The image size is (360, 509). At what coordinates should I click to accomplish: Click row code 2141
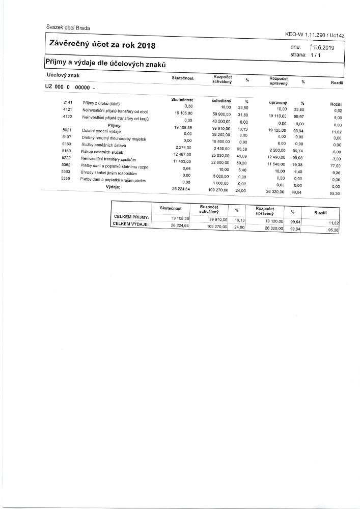(67, 103)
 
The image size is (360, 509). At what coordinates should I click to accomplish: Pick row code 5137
(66, 137)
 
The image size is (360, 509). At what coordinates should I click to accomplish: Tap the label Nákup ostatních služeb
(104, 152)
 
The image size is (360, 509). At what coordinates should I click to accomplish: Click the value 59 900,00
(221, 114)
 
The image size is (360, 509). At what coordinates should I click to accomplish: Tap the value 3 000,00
(222, 176)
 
